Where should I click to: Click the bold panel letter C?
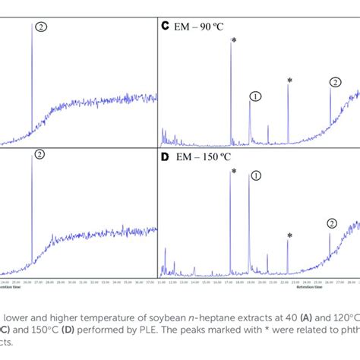coord(164,25)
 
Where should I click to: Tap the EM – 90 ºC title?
coord(199,25)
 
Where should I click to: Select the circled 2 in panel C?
coord(336,81)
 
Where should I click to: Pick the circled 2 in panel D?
coord(331,223)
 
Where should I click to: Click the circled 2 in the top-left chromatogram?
coord(41,25)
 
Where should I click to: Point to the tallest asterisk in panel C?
coord(233,42)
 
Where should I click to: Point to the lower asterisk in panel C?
coord(289,80)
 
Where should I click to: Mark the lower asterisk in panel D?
coord(289,236)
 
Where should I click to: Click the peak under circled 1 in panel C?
coord(250,122)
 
